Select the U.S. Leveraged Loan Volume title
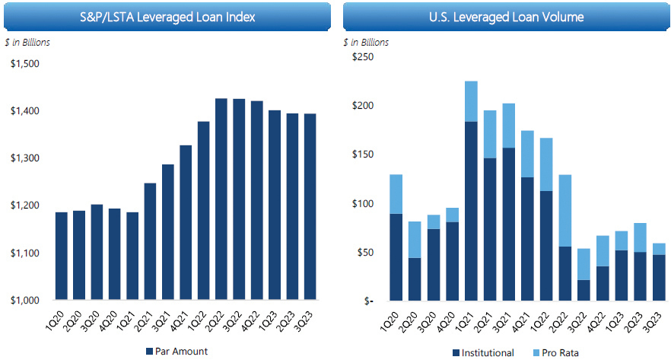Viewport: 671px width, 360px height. click(506, 16)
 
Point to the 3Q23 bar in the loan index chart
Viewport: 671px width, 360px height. click(311, 206)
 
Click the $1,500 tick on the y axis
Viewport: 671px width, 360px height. click(25, 63)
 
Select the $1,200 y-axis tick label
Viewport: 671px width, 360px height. click(25, 205)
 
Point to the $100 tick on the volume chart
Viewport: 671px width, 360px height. click(364, 204)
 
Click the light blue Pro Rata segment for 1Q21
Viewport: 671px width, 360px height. click(471, 101)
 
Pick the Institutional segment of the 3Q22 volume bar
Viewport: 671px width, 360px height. click(584, 290)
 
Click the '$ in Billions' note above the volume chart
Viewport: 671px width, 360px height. click(366, 43)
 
